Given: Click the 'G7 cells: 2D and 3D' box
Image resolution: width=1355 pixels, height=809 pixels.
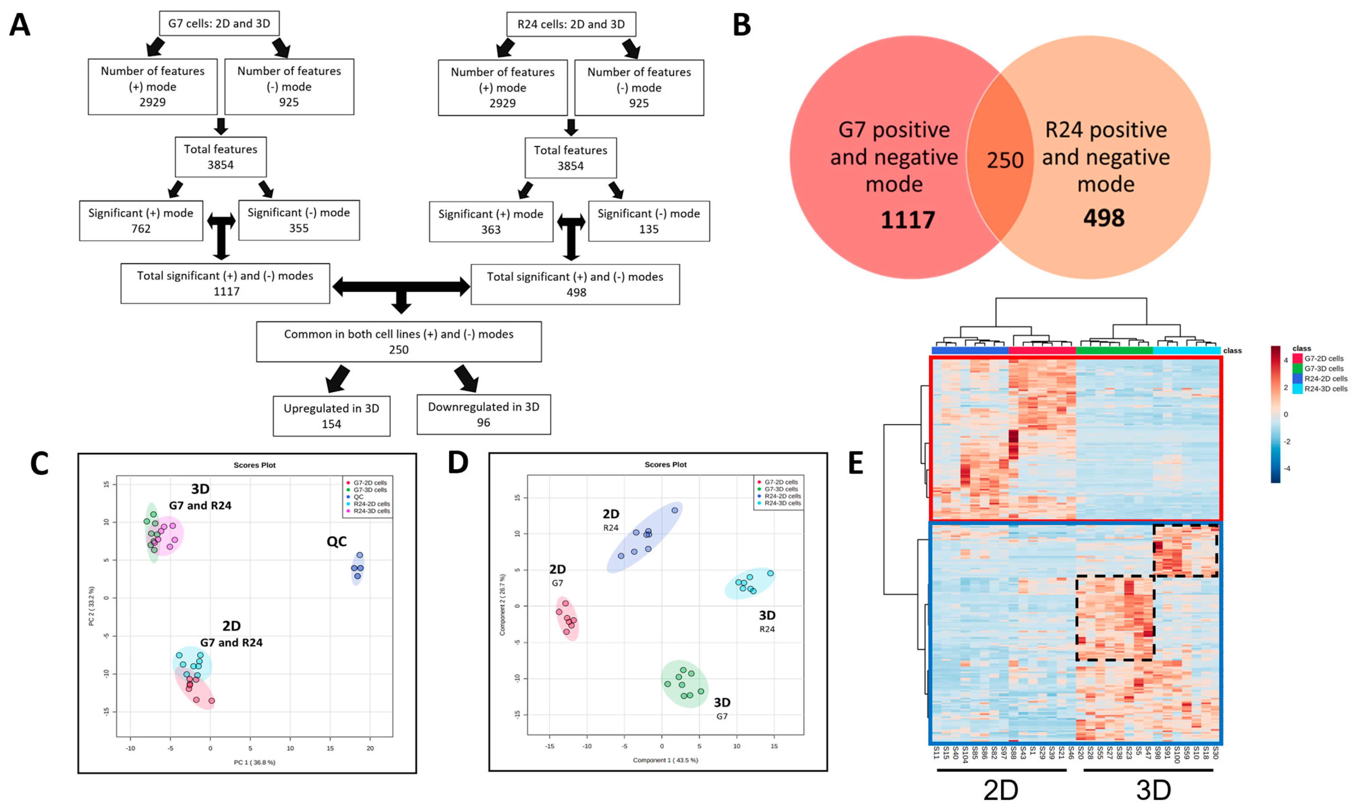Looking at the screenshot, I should click(219, 24).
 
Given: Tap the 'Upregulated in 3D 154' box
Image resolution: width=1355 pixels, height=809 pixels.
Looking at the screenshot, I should click(332, 416).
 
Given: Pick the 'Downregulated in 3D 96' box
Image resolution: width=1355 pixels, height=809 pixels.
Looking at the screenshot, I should click(483, 414).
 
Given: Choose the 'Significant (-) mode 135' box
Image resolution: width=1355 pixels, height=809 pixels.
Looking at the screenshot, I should click(649, 221).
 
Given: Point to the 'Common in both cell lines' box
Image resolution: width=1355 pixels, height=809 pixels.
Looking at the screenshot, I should click(398, 342).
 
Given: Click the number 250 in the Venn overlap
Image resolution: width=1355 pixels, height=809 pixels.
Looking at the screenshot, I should click(1005, 160).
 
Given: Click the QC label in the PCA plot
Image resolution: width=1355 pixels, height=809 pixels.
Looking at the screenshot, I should click(336, 541).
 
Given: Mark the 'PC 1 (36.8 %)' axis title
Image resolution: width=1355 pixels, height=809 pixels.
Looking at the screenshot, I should click(255, 762).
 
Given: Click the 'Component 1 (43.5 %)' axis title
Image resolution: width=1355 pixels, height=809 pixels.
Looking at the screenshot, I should click(666, 760).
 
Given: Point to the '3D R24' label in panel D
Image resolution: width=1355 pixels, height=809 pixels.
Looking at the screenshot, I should click(767, 621).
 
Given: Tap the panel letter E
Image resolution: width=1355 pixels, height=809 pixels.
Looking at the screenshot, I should click(856, 463).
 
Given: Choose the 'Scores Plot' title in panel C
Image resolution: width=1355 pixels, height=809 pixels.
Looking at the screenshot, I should click(255, 465).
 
